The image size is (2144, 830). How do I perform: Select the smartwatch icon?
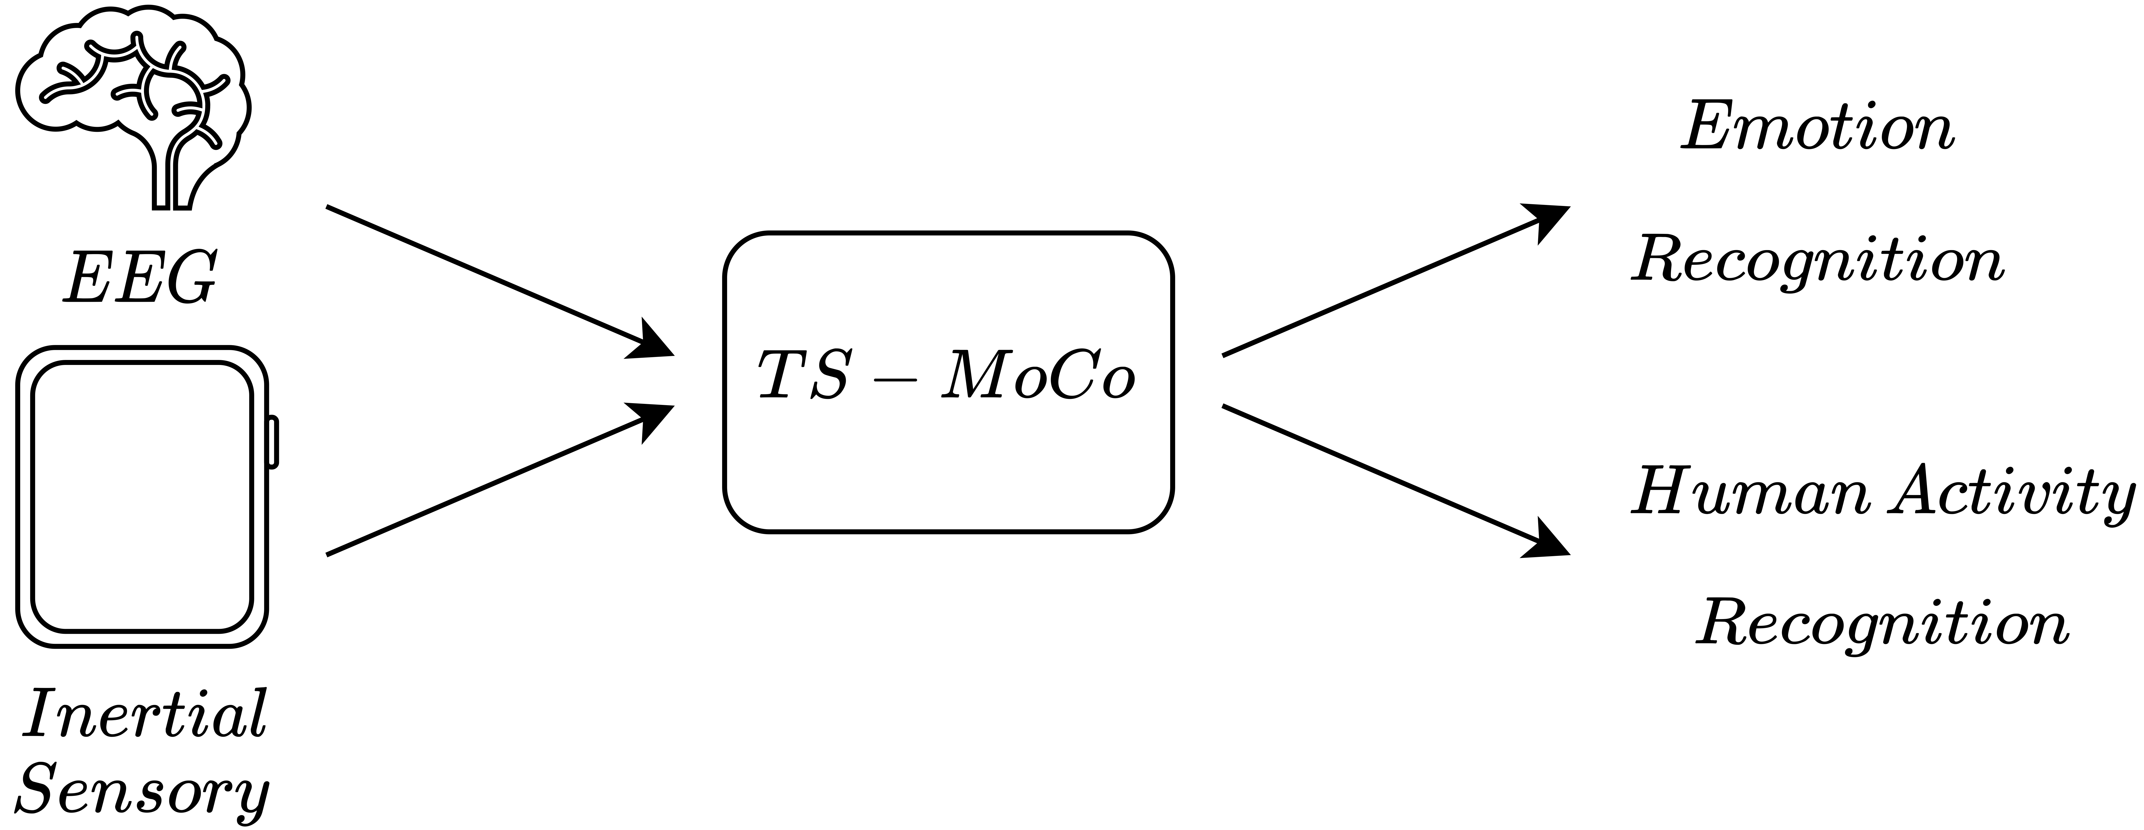click(x=141, y=497)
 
